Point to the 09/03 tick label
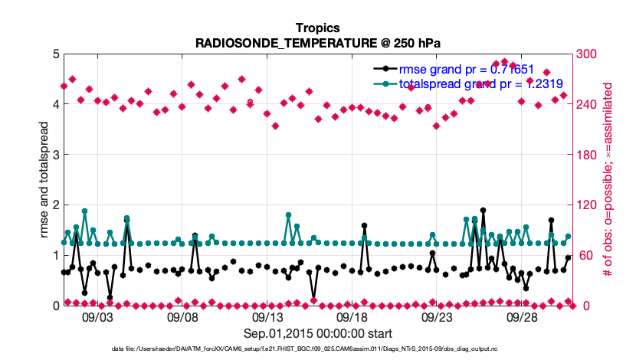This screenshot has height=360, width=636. [97, 317]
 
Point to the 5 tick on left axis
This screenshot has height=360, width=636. [56, 54]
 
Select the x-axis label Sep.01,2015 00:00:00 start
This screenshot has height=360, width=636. [318, 333]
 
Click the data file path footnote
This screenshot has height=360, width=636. [317, 349]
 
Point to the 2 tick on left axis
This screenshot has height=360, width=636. [56, 205]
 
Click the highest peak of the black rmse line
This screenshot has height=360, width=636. [483, 210]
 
